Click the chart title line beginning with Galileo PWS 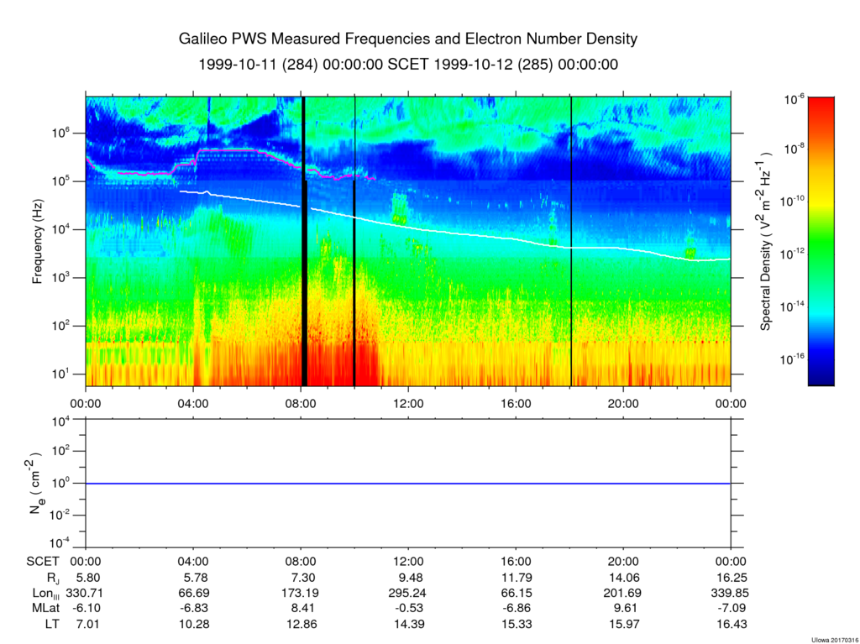tap(408, 39)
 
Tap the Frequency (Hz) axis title tap(37, 241)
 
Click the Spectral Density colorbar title tap(766, 240)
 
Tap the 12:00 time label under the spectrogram tap(409, 404)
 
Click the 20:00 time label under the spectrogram tap(624, 404)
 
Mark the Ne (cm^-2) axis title tap(36, 483)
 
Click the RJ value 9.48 tap(409, 578)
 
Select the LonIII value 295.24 tap(409, 593)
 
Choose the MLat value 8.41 tap(301, 609)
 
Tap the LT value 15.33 tap(517, 624)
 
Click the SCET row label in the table tap(42, 562)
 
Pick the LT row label tap(52, 624)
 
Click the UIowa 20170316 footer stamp tap(835, 640)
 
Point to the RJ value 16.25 tap(732, 578)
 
